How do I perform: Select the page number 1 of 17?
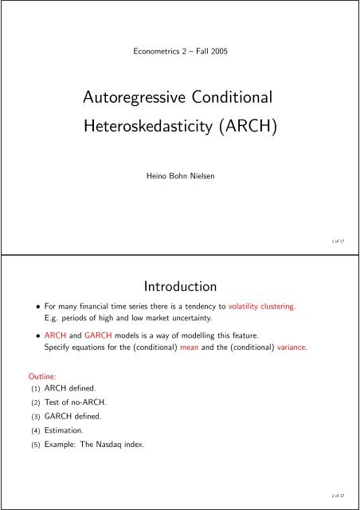tap(346, 238)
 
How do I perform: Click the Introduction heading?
tap(179, 284)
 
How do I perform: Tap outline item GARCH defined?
tap(63, 414)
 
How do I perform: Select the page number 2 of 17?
tap(346, 494)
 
